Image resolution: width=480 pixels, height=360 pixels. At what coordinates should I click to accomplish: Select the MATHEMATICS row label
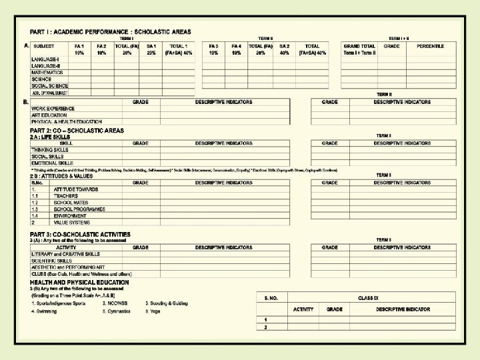(47, 72)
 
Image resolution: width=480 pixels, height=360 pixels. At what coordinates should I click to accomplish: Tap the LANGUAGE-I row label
(45, 59)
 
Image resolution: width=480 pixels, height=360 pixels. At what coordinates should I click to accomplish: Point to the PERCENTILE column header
(431, 45)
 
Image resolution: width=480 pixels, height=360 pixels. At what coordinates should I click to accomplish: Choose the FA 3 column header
(213, 45)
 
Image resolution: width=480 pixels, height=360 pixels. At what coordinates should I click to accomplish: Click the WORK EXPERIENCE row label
(53, 109)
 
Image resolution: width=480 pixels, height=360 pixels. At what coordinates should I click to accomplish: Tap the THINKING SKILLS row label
(50, 150)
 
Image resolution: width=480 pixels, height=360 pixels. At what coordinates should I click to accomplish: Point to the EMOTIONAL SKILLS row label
(52, 163)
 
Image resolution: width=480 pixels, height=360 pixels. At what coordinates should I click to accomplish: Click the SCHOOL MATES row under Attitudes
(71, 203)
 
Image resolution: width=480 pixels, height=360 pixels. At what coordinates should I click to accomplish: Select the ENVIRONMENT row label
(70, 216)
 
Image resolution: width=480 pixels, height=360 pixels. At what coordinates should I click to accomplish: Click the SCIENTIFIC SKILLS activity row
(51, 261)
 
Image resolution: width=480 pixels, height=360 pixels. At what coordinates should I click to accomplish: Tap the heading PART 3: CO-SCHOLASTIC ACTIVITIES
(80, 235)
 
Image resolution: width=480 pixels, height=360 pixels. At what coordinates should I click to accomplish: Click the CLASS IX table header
(367, 297)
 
